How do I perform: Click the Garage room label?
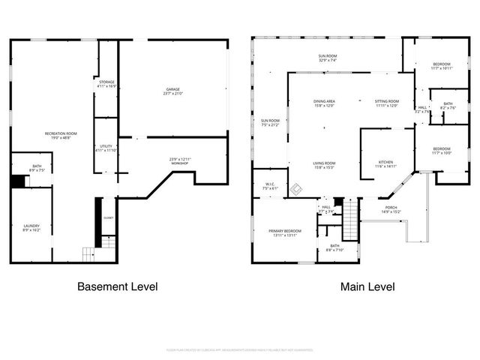click(172, 91)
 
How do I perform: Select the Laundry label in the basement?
click(31, 227)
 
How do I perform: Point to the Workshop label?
click(180, 160)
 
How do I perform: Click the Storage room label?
click(107, 83)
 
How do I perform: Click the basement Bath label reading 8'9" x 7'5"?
click(37, 168)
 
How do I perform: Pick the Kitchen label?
click(385, 164)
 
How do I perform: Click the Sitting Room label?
click(387, 103)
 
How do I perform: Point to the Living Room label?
click(324, 165)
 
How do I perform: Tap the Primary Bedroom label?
click(285, 232)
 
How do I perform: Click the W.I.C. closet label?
click(270, 186)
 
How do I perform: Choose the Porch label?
click(391, 210)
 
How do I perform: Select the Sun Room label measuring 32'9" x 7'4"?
click(327, 58)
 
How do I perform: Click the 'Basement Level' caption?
click(118, 286)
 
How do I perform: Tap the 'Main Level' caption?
click(367, 286)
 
